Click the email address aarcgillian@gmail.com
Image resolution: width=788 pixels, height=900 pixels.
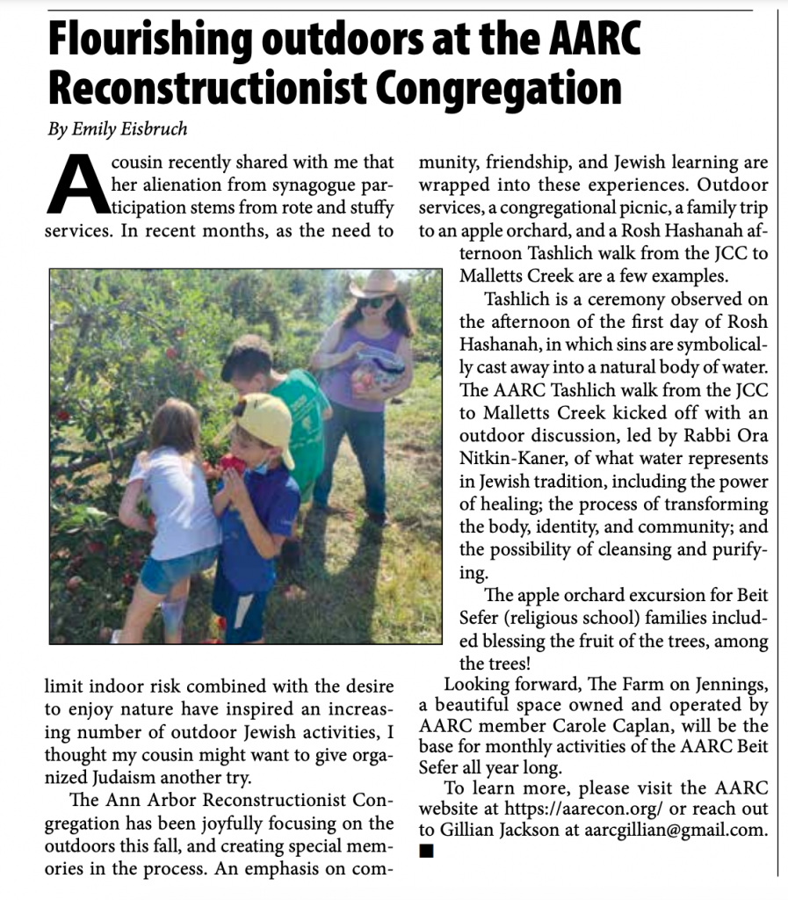pyautogui.click(x=677, y=831)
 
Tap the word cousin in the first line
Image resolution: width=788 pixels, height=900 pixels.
pyautogui.click(x=141, y=163)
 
